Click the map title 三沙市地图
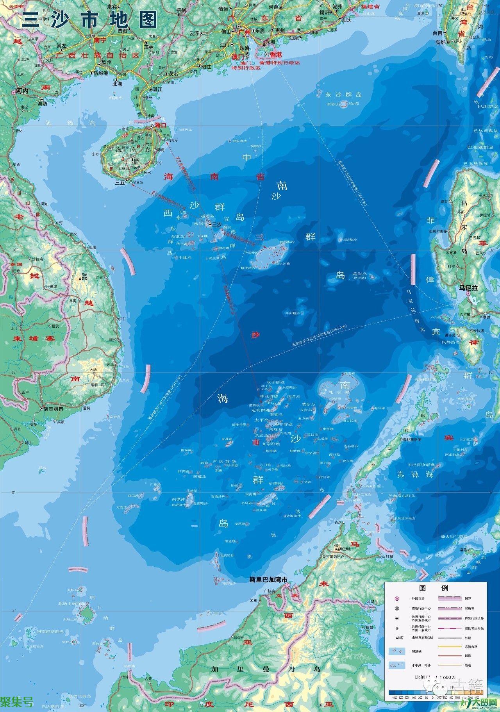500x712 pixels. (x=90, y=19)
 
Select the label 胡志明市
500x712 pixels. (x=52, y=409)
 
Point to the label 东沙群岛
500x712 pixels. (x=344, y=95)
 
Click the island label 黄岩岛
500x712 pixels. (x=360, y=274)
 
